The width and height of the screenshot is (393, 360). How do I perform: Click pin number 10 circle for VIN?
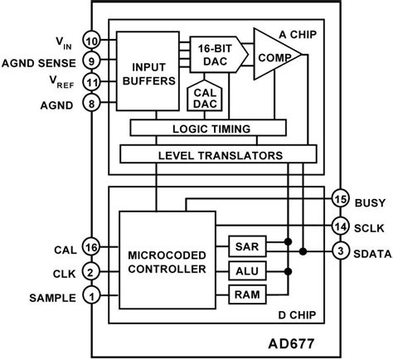point(92,41)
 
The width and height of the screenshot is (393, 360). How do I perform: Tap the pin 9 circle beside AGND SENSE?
point(92,60)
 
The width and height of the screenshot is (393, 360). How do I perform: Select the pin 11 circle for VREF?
point(92,83)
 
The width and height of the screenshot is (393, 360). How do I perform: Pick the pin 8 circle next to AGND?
point(92,105)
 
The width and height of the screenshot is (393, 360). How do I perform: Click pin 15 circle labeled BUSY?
point(338,199)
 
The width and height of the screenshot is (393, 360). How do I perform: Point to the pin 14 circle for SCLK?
point(338,226)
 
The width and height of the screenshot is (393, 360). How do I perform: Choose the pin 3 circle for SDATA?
point(338,251)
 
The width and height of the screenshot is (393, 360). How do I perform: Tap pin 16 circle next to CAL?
point(92,247)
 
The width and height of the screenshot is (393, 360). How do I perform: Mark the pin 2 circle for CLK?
point(92,271)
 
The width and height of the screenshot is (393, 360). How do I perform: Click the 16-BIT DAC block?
point(217,53)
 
